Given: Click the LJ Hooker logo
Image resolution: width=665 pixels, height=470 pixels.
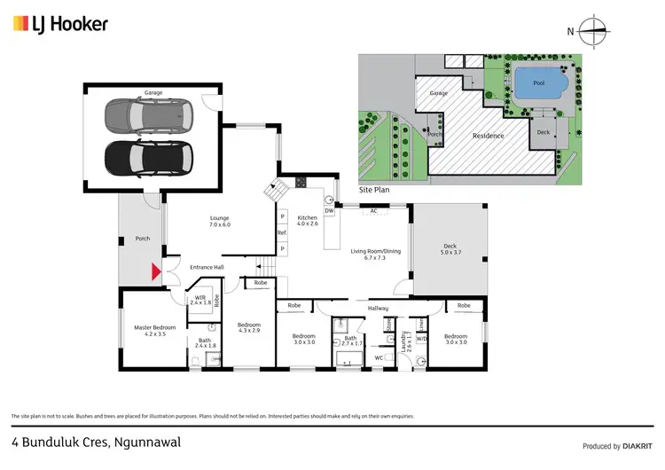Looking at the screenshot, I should coord(60,25).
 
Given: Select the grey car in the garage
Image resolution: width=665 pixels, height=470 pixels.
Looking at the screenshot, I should coord(149,114).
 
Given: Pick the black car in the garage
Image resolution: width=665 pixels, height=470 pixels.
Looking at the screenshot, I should coord(149,158).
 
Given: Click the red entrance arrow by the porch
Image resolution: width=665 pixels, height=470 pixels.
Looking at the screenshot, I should coord(156,272).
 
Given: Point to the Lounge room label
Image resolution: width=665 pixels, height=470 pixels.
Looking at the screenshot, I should coord(219,221).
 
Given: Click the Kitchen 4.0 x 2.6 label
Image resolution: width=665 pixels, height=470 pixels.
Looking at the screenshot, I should coord(307,221).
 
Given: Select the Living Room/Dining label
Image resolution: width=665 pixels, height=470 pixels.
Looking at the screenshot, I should coord(376,255).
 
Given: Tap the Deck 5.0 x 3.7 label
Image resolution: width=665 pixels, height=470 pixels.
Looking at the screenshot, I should coord(450,250).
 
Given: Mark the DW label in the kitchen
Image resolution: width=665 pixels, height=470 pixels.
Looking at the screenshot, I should coord(328,211).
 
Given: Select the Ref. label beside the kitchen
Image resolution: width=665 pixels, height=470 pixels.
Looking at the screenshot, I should coord(282,232).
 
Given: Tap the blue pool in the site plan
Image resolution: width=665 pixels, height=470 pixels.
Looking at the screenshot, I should coord(538,84).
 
